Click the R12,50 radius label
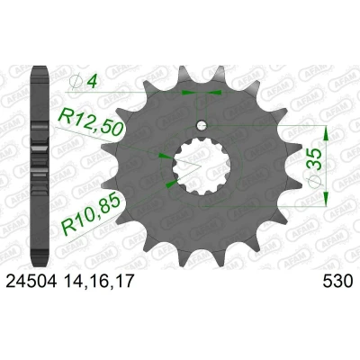click(92, 121)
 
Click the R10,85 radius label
click(91, 214)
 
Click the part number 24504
click(31, 282)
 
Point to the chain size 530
click(337, 282)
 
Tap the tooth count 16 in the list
click(98, 282)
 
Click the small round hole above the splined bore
click(202, 125)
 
